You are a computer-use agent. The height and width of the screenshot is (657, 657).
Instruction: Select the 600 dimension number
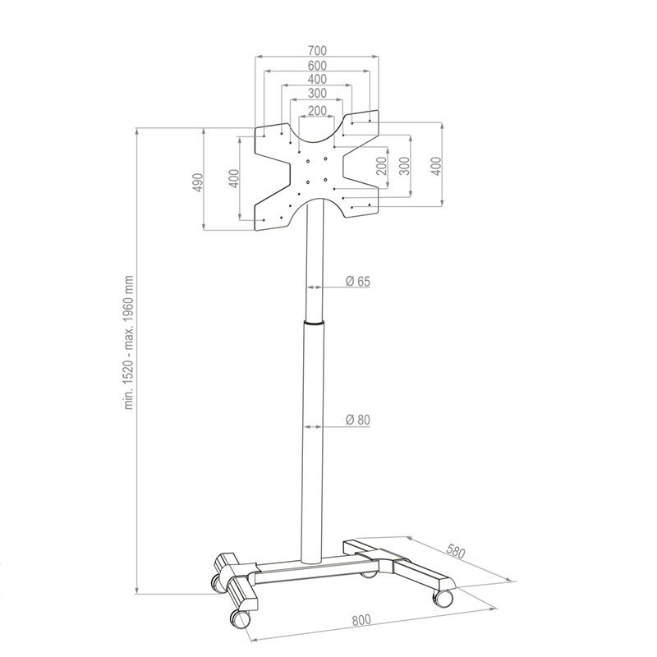click(x=318, y=66)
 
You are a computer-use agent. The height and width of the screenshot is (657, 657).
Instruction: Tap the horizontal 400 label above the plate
click(x=318, y=80)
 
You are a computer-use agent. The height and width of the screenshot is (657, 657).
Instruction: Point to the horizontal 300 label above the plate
click(x=318, y=94)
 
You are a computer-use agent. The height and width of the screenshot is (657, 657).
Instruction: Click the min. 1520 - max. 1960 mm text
click(x=129, y=342)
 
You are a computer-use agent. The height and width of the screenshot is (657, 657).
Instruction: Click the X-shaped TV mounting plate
click(x=317, y=172)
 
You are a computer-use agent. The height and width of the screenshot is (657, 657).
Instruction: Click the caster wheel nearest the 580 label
click(x=443, y=597)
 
